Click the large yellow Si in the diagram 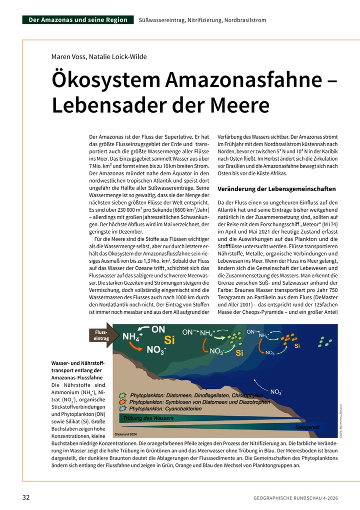[169, 341]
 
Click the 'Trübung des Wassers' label [145, 417]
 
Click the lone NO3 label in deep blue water [276, 391]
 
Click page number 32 [26, 497]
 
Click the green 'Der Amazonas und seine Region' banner [78, 20]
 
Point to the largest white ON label [158, 329]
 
